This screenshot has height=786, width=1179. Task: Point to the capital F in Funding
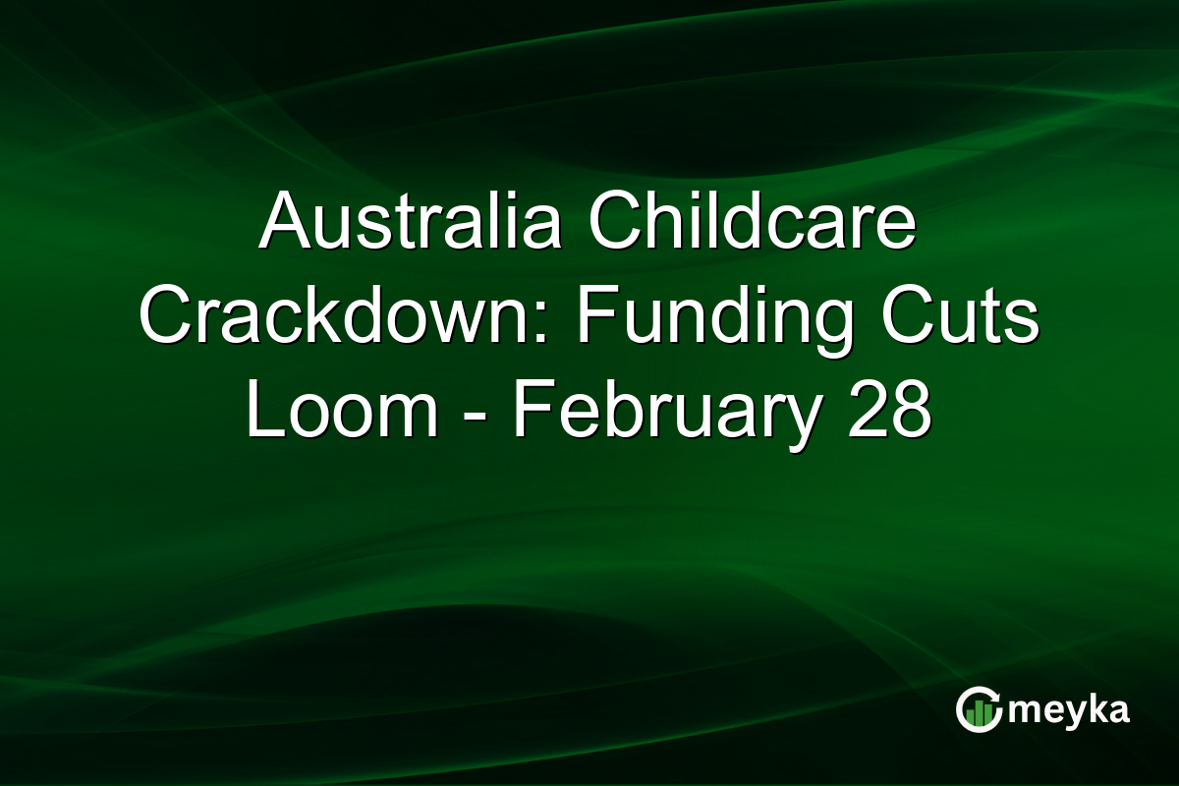click(x=592, y=318)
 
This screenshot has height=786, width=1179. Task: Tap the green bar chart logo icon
click(x=979, y=712)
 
